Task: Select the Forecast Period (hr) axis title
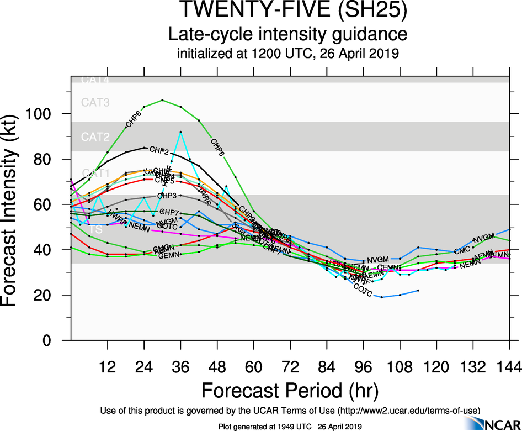pos(290,390)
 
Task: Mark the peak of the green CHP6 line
pos(162,100)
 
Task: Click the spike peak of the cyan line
pos(180,132)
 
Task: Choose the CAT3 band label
pos(95,102)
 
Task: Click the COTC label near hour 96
pos(363,288)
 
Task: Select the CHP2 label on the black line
pos(159,150)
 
